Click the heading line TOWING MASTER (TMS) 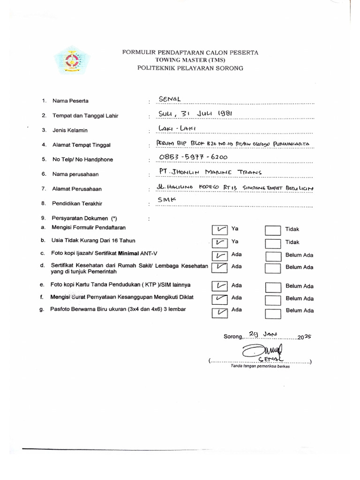190,60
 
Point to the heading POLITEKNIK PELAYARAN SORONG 190,68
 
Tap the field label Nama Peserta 70,101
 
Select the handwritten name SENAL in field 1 170,98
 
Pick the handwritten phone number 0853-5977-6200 193,157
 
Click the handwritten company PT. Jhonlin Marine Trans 210,172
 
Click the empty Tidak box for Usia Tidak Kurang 273,243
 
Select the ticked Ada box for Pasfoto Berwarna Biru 219,313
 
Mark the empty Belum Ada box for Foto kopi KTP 273,286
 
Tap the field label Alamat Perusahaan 77,189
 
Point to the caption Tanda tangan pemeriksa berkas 260,366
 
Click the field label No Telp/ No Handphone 82,159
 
